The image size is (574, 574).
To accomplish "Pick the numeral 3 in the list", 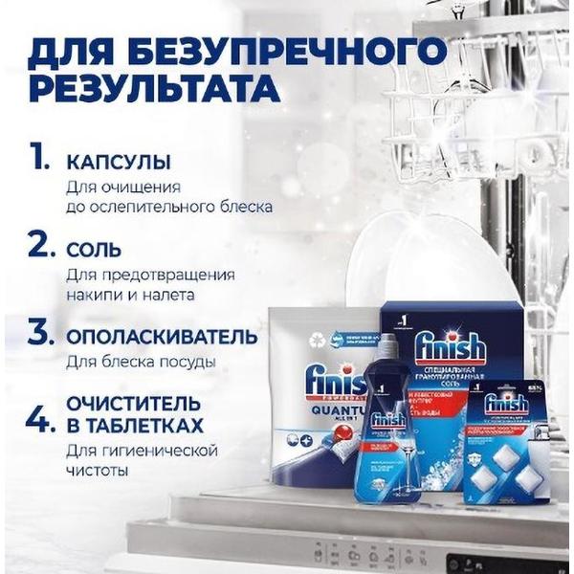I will coord(39,334).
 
